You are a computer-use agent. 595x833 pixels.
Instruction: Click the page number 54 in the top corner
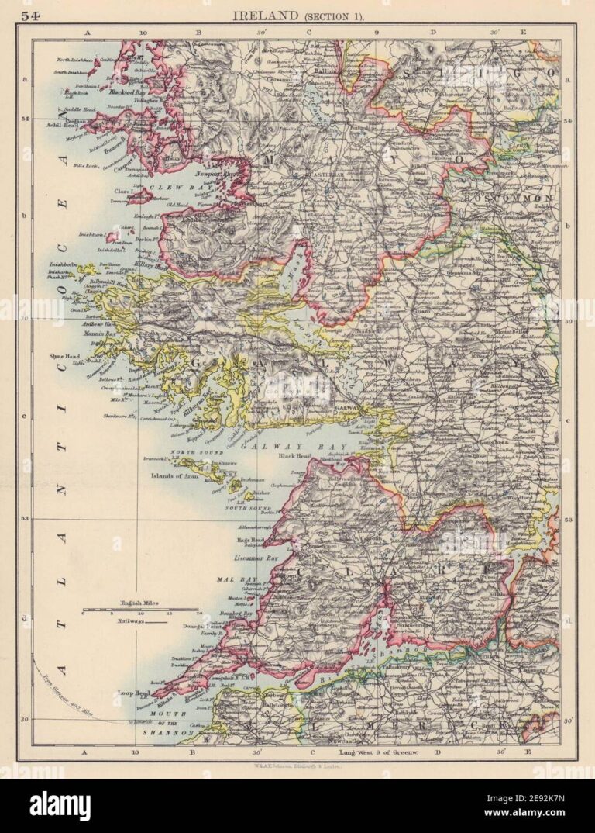pos(30,15)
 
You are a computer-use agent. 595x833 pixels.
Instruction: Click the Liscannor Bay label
pos(256,558)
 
